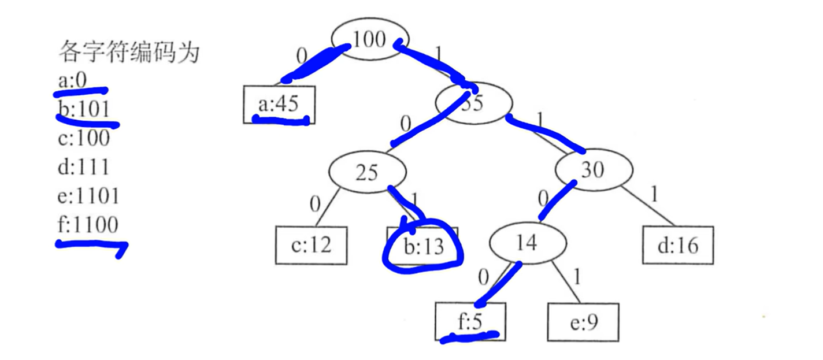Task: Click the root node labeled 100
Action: [x=369, y=39]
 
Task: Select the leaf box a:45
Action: [x=279, y=105]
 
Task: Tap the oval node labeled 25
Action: [x=366, y=173]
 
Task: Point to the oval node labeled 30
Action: [x=594, y=169]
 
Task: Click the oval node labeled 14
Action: [x=527, y=243]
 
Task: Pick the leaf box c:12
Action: [x=311, y=246]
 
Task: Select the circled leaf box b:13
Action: [x=422, y=247]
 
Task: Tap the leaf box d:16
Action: [x=678, y=246]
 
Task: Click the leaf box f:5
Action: [x=470, y=321]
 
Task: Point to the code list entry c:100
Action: [x=83, y=139]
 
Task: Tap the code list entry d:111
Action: [x=83, y=168]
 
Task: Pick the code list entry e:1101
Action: [x=88, y=196]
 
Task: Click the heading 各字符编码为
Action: [x=128, y=53]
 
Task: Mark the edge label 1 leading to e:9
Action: [x=576, y=277]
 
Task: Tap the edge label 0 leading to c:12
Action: [x=315, y=203]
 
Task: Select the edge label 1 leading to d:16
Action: [x=654, y=194]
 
